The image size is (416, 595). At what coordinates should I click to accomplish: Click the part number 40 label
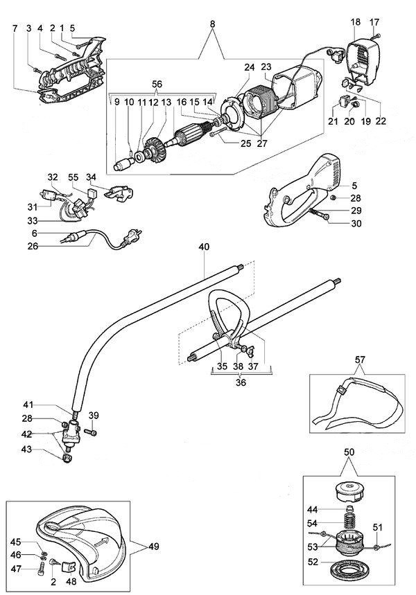(x=202, y=246)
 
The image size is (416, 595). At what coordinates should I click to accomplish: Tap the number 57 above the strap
(x=359, y=360)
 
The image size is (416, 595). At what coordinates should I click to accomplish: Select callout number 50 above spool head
(x=350, y=452)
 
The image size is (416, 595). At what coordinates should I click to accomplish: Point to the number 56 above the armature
(x=157, y=84)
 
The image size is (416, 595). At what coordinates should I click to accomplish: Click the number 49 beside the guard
(x=153, y=547)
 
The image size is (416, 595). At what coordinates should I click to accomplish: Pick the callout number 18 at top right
(x=355, y=22)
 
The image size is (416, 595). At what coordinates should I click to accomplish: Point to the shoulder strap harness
(x=357, y=405)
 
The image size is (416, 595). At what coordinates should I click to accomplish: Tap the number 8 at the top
(x=212, y=24)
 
